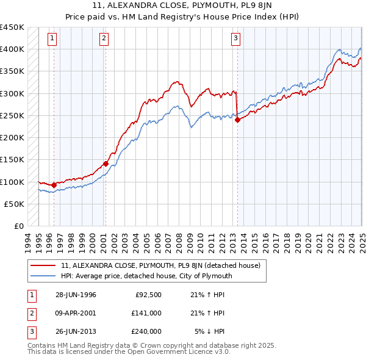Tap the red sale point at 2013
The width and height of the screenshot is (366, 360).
click(237, 120)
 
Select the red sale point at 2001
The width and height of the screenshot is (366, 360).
click(106, 164)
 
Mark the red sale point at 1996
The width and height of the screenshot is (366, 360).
click(54, 185)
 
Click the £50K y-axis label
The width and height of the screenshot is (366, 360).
click(15, 204)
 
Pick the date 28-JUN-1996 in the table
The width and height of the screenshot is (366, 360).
click(76, 295)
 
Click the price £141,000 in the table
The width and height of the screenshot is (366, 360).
click(147, 313)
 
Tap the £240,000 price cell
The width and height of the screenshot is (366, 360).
click(147, 331)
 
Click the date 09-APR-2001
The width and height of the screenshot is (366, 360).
click(76, 313)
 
